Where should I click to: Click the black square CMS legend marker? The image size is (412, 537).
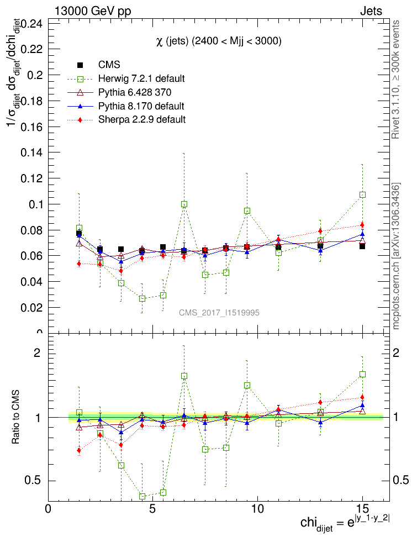(80, 65)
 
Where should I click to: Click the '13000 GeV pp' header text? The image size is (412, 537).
(93, 10)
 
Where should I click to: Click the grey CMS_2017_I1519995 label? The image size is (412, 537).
(219, 313)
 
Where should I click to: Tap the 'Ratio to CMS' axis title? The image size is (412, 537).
(17, 417)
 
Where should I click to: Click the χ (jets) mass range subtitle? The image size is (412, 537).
(219, 41)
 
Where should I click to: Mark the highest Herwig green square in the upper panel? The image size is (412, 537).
(362, 195)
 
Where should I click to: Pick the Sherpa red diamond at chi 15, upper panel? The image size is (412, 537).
(362, 225)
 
